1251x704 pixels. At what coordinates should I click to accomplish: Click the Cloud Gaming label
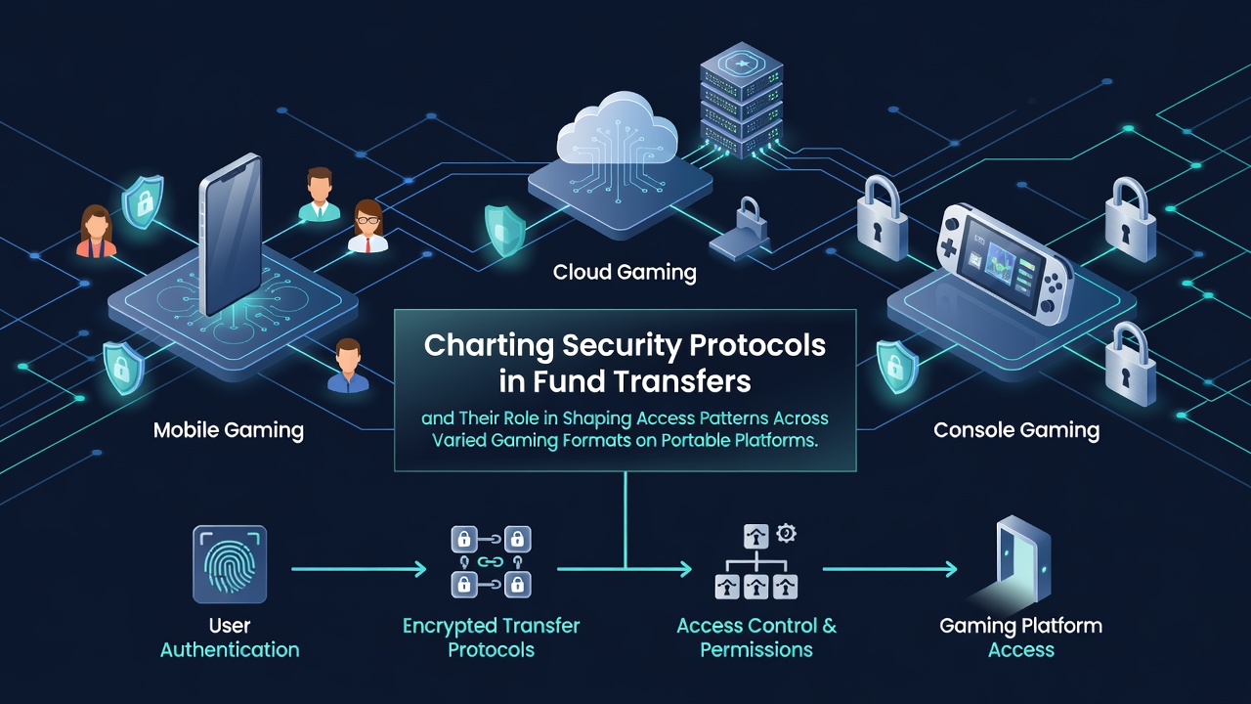[625, 273]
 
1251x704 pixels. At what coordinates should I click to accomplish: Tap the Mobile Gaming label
[229, 430]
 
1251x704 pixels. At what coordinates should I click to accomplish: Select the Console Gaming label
[1016, 430]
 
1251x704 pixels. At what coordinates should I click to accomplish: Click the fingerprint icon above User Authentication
[230, 564]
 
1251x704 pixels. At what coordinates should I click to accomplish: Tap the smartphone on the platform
[230, 235]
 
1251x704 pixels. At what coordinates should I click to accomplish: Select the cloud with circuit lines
[616, 131]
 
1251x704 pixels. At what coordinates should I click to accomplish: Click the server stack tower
[741, 100]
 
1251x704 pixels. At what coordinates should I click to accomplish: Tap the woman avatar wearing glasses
[368, 226]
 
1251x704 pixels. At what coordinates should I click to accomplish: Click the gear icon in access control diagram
[787, 533]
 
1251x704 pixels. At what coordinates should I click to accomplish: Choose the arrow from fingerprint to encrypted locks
[359, 569]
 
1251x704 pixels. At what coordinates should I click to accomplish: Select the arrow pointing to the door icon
[890, 569]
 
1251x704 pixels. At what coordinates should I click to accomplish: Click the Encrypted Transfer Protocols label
[491, 638]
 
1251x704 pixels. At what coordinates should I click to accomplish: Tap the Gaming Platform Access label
[1021, 638]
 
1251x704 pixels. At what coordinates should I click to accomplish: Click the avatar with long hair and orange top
[96, 231]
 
